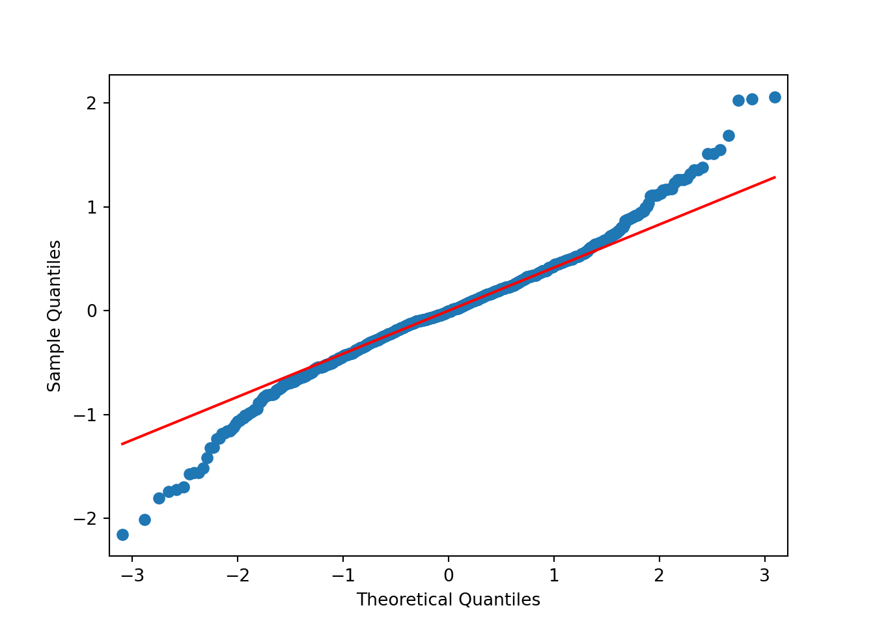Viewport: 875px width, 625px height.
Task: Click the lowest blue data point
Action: click(x=122, y=535)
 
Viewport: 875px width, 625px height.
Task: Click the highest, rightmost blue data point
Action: click(x=775, y=97)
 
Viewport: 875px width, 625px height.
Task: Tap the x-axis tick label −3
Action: click(x=132, y=576)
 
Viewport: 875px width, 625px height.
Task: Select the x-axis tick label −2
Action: click(x=238, y=576)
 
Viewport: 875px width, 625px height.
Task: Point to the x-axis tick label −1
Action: click(x=343, y=576)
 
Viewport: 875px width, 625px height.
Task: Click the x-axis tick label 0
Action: click(x=449, y=576)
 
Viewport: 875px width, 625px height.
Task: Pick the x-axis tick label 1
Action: click(x=554, y=576)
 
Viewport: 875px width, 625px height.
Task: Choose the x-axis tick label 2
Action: click(x=660, y=576)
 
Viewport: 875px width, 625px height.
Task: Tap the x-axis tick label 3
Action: click(x=765, y=576)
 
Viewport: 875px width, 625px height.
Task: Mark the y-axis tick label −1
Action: click(x=88, y=415)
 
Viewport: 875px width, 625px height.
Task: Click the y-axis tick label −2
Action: click(x=88, y=518)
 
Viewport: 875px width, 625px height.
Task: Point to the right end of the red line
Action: click(x=775, y=176)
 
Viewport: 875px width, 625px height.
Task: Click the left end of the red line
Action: click(x=122, y=444)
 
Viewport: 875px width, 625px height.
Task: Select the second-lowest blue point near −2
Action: click(x=145, y=520)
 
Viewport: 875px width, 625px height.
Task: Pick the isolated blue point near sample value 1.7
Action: click(x=729, y=135)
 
